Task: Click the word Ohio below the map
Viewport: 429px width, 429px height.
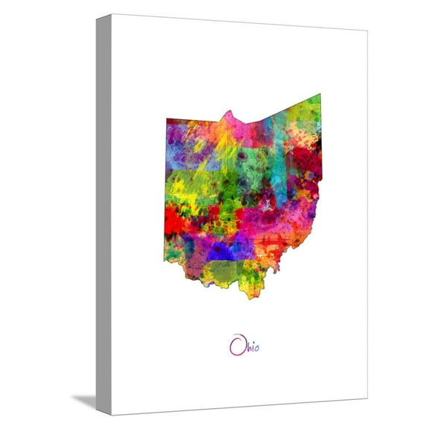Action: coord(244,346)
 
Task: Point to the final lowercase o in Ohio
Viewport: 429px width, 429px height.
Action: coord(257,348)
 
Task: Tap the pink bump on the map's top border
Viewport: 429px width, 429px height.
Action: coord(229,115)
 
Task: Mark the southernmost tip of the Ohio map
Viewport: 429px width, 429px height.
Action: coord(249,297)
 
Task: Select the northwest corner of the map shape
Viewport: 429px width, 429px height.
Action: coord(166,119)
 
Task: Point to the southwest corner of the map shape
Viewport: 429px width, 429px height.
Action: coord(165,261)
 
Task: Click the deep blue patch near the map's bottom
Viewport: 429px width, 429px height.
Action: coord(221,252)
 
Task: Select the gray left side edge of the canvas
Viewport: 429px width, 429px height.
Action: coord(104,216)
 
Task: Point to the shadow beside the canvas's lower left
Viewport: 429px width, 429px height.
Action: coord(85,400)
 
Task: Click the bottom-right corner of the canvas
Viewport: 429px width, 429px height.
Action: coord(367,399)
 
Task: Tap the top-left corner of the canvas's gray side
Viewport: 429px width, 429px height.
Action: coord(97,16)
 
